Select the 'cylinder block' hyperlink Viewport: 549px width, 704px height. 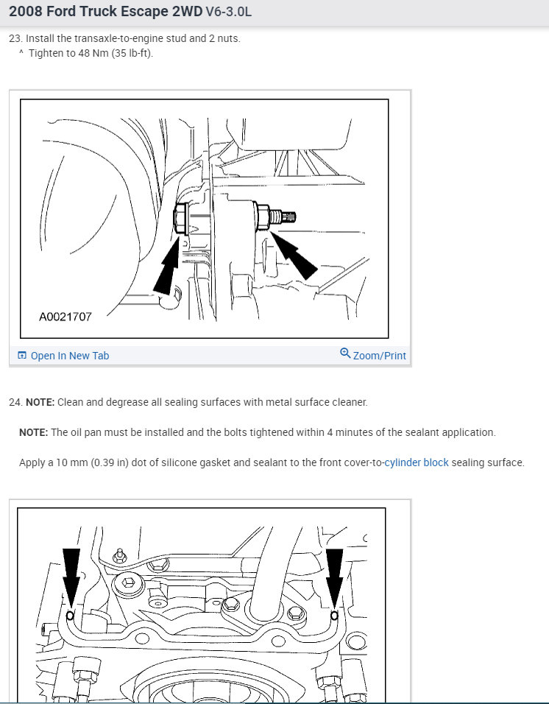click(x=417, y=462)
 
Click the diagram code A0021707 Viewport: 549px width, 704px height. click(x=65, y=317)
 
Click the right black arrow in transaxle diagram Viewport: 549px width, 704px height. click(x=294, y=255)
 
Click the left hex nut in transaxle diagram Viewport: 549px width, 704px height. click(x=181, y=218)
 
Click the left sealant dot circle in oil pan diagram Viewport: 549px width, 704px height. click(x=71, y=616)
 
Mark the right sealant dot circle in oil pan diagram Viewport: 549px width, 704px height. click(x=334, y=616)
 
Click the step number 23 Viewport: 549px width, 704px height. click(x=15, y=38)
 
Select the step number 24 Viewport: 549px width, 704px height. click(x=15, y=402)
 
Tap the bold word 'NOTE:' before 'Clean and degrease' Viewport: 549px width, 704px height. click(x=40, y=402)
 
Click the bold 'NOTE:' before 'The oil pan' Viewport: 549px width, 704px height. click(x=34, y=432)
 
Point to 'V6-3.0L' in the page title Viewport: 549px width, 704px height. click(x=229, y=11)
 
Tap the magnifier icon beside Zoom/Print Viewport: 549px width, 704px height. click(x=345, y=353)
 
